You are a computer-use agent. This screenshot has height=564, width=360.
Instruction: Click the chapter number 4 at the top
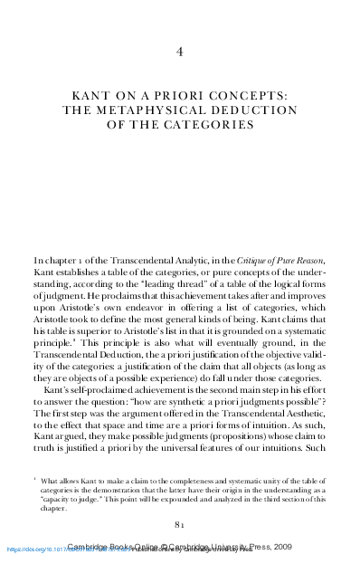coord(180,51)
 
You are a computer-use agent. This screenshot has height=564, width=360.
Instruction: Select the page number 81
coord(180,524)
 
